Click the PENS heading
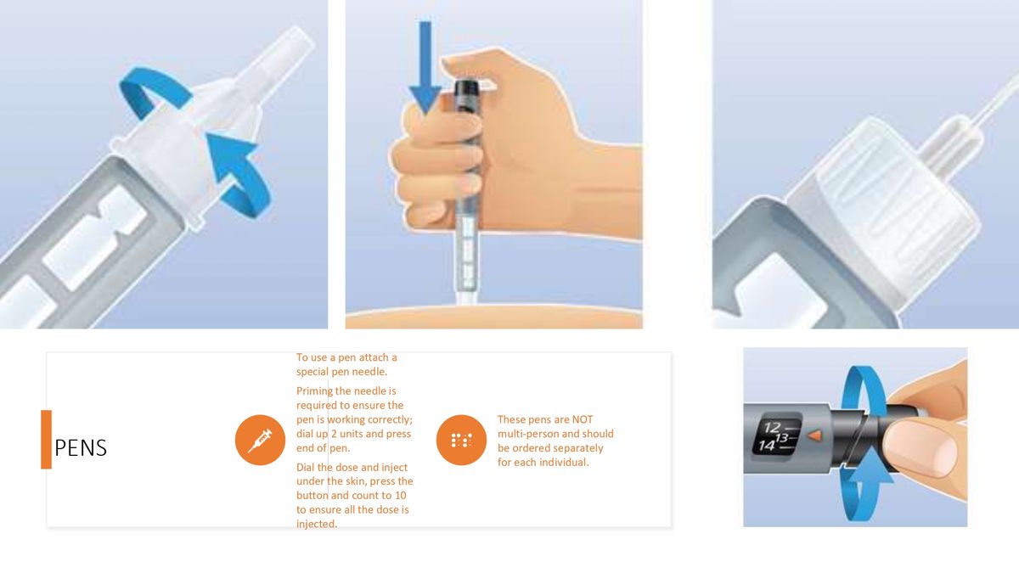[x=81, y=448]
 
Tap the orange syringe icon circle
[x=259, y=441]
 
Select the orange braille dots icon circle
[x=460, y=441]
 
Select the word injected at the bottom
[x=316, y=524]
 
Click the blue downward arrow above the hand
[x=425, y=68]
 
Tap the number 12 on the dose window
[x=772, y=427]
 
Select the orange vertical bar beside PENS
[x=46, y=439]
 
